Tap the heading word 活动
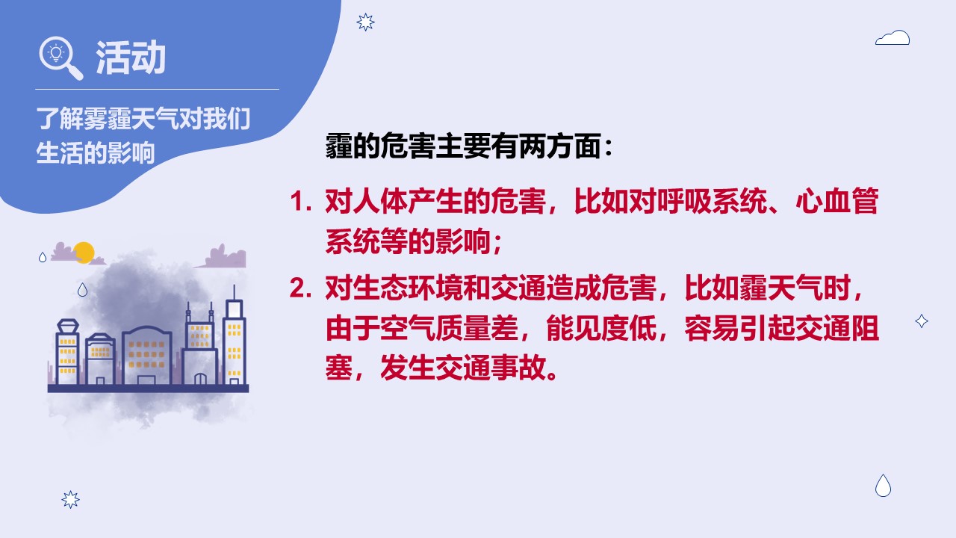click(131, 58)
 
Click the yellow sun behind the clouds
click(84, 253)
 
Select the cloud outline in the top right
click(893, 37)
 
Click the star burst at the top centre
click(365, 22)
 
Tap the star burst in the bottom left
click(70, 500)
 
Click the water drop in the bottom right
click(883, 486)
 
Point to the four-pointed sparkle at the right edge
click(922, 321)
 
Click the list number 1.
click(300, 202)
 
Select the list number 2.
click(300, 288)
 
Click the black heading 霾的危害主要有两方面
click(464, 146)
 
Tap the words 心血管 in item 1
click(837, 201)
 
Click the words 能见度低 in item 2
click(602, 328)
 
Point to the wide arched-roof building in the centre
click(147, 355)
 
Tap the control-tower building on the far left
click(67, 351)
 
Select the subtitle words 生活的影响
click(95, 153)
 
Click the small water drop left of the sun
click(43, 257)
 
